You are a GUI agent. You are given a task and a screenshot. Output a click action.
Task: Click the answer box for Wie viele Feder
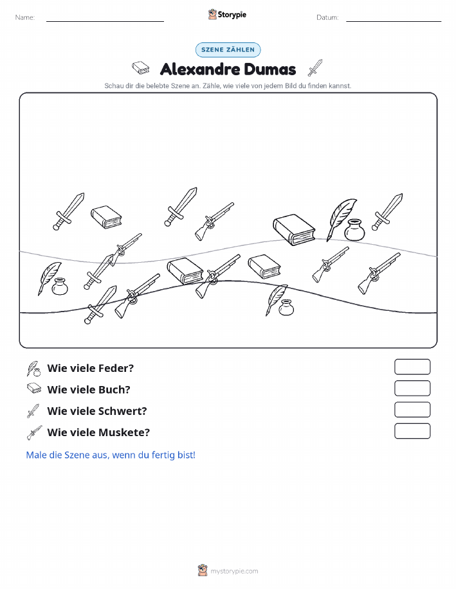(412, 367)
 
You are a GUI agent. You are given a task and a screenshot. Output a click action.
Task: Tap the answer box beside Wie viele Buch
(412, 389)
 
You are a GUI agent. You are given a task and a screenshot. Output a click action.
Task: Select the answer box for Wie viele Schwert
(412, 410)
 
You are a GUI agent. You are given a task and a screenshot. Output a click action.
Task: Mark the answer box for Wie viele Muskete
(412, 431)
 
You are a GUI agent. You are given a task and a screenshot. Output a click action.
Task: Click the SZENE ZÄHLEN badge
(228, 49)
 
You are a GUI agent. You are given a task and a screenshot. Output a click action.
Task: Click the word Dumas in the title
(269, 69)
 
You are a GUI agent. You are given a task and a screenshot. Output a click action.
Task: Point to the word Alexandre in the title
(200, 69)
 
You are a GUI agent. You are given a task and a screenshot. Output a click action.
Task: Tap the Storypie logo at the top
(227, 15)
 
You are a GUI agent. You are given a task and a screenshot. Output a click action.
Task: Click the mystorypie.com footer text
(234, 572)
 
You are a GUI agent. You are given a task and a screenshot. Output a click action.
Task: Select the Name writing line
(105, 21)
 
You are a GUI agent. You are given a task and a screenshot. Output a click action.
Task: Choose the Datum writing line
(394, 21)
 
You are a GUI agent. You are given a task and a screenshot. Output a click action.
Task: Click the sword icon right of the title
(315, 67)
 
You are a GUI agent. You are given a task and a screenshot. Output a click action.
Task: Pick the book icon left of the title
(141, 68)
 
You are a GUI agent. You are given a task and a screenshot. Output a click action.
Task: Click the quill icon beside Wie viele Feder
(33, 369)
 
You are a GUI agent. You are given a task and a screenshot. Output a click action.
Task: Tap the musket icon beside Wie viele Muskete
(34, 432)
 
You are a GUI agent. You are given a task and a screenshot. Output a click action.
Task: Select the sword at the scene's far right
(387, 212)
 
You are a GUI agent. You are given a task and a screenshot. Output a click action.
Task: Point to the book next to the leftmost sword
(106, 216)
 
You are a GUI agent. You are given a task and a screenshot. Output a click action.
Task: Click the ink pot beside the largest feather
(354, 230)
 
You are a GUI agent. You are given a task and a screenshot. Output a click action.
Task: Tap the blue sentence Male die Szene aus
(111, 455)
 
